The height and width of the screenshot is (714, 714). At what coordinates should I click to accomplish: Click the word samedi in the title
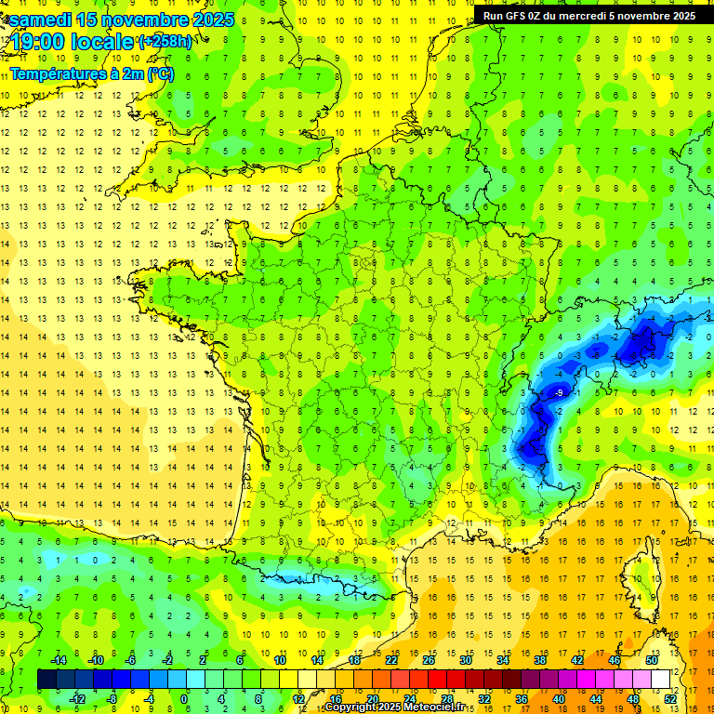pyautogui.click(x=42, y=20)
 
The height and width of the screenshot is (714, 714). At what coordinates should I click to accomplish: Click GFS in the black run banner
pyautogui.click(x=518, y=16)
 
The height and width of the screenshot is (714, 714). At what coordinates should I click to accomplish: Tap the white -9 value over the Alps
pyautogui.click(x=559, y=393)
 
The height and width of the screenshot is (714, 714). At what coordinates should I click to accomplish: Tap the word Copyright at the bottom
pyautogui.click(x=350, y=707)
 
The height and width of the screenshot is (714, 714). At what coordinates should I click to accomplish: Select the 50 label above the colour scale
pyautogui.click(x=651, y=660)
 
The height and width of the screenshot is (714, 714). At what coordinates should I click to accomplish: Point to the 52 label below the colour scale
pyautogui.click(x=670, y=699)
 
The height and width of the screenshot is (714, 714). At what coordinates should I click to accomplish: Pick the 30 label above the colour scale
pyautogui.click(x=466, y=660)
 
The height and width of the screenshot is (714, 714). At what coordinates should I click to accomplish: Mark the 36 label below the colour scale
pyautogui.click(x=522, y=699)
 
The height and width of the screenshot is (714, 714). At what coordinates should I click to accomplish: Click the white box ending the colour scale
pyautogui.click(x=661, y=680)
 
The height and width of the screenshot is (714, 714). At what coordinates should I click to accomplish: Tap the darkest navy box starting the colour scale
pyautogui.click(x=46, y=680)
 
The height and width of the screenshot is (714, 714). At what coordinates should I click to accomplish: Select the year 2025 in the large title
pyautogui.click(x=205, y=20)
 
